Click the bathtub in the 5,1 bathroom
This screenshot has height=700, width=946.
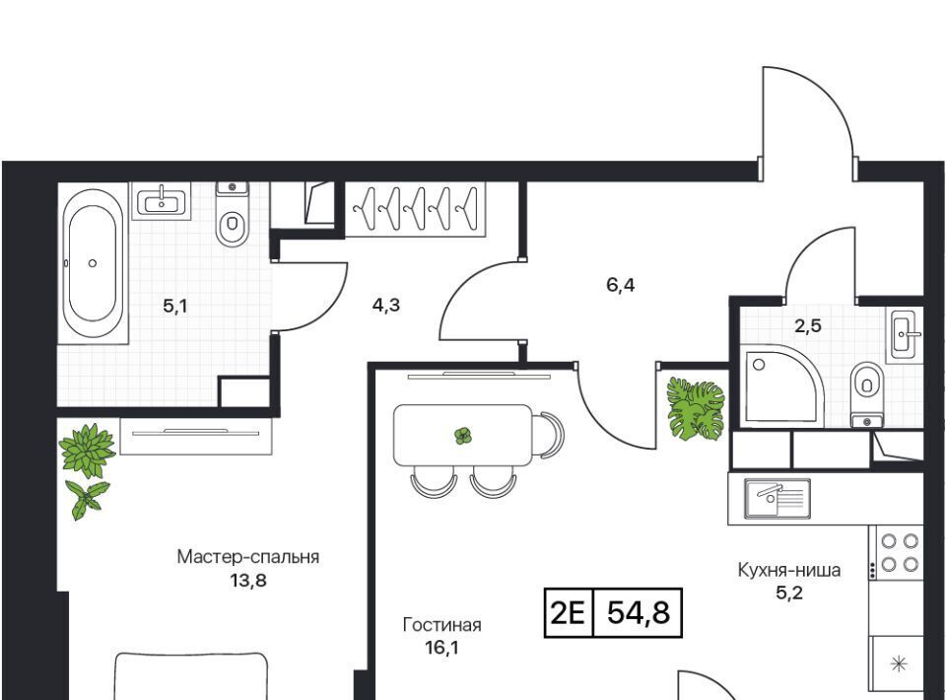tap(92, 263)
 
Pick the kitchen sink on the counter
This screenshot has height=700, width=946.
tap(777, 499)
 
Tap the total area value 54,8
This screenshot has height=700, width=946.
tap(639, 613)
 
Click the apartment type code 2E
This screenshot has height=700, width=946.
tap(569, 613)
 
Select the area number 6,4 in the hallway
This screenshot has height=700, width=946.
tap(620, 285)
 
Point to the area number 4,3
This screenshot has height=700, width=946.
tap(386, 306)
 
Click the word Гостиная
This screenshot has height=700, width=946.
tap(441, 625)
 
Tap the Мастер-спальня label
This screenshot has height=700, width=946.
tap(248, 557)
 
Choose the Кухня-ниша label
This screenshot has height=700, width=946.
tap(789, 570)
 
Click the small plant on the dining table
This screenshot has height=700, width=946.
tap(463, 436)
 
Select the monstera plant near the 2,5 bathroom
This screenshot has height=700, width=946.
tap(695, 408)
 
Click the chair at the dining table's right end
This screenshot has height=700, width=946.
tap(551, 435)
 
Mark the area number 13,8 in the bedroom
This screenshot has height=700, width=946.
tap(248, 581)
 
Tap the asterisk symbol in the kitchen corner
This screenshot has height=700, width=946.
tap(899, 665)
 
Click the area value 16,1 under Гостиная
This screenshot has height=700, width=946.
tap(441, 649)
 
